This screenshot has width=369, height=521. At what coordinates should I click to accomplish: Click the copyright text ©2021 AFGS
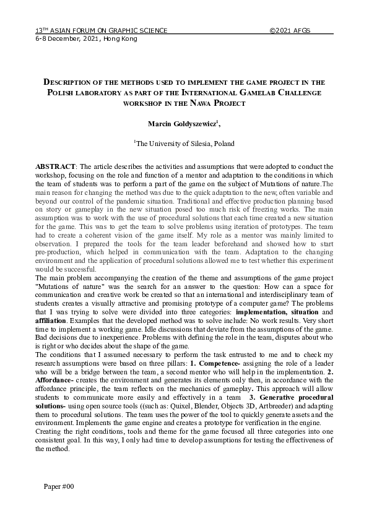point(290,30)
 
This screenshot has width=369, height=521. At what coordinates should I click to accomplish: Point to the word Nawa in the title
point(206,103)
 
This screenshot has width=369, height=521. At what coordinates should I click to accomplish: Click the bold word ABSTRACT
point(54,167)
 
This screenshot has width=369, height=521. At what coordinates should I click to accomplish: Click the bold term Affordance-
point(56,381)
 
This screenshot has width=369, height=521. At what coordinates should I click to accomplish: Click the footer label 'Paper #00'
point(59,488)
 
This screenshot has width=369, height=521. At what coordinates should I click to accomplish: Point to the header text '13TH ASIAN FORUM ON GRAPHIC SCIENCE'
point(101,30)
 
